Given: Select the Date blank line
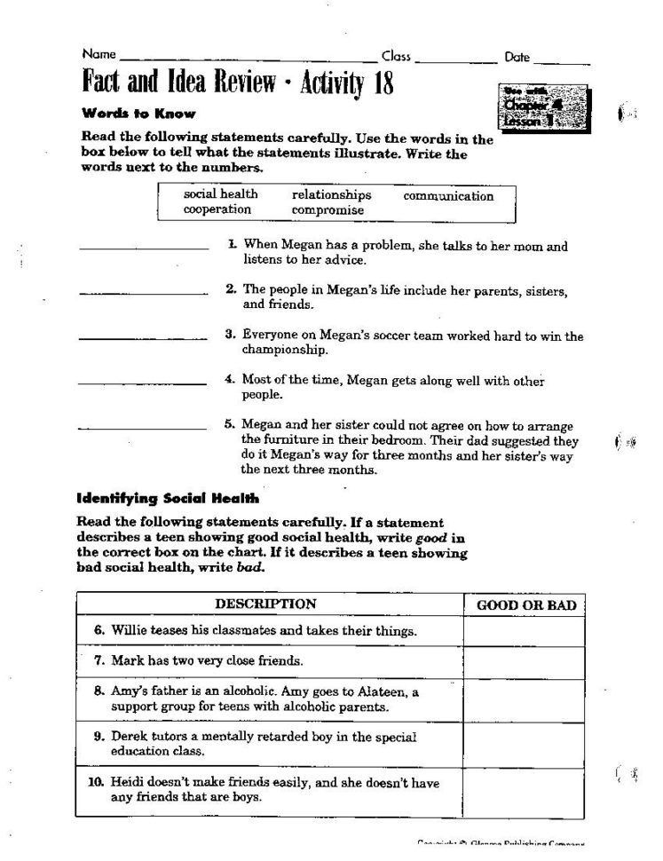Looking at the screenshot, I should pos(561,63).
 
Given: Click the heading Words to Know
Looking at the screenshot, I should pos(138,114).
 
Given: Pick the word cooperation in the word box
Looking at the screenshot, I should pos(217,210).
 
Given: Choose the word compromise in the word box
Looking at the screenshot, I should pos(328,210).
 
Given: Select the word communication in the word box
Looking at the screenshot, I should pos(448,195).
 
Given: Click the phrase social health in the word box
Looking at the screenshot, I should pos(221,194).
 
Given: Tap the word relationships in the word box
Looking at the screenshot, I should pos(331,195).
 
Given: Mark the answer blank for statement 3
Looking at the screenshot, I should pos(144,337).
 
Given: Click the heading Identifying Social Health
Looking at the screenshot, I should pos(168,498).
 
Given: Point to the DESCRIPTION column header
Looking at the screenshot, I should pos(265,605).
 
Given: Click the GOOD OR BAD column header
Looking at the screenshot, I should pos(526,605).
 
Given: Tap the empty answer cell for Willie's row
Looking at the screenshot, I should pos(524,631).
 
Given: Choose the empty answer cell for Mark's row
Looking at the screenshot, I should pos(524,661).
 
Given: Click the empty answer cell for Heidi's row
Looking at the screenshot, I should pos(524,791).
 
